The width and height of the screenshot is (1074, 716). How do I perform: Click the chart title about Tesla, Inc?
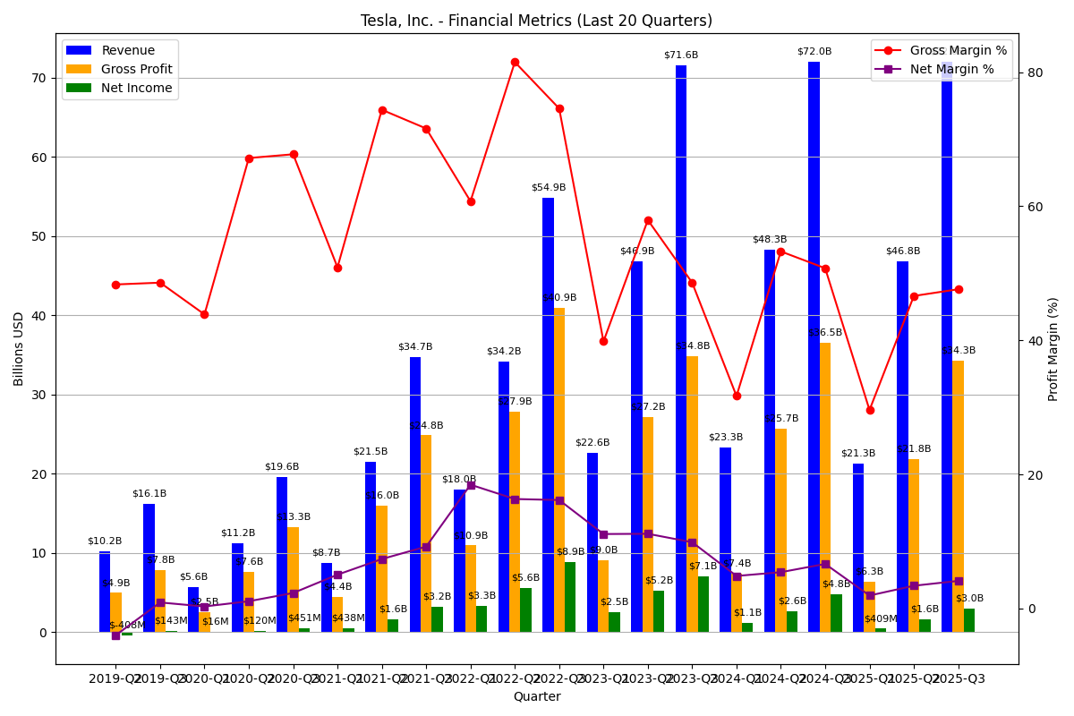tap(536, 21)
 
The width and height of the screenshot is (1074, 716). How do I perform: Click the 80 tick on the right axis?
tap(1035, 72)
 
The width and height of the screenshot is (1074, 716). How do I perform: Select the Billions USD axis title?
tap(20, 349)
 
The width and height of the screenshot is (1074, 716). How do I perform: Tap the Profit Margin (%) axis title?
tap(1053, 349)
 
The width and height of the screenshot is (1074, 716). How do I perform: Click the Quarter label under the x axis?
tap(536, 696)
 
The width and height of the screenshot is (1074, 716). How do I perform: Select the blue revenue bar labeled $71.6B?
tap(681, 349)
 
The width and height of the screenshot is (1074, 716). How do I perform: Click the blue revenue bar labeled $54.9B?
tap(548, 415)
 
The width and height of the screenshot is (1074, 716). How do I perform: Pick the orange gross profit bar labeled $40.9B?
tap(559, 470)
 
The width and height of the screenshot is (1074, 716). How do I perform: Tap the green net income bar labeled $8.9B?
tap(570, 597)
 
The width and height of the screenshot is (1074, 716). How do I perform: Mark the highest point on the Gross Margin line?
tap(515, 62)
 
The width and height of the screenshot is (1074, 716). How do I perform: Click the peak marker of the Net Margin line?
tap(471, 485)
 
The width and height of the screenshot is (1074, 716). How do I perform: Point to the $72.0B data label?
tap(814, 52)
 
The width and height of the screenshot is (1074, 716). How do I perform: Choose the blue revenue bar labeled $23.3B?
tap(725, 540)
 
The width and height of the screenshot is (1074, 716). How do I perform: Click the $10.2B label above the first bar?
tap(105, 541)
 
